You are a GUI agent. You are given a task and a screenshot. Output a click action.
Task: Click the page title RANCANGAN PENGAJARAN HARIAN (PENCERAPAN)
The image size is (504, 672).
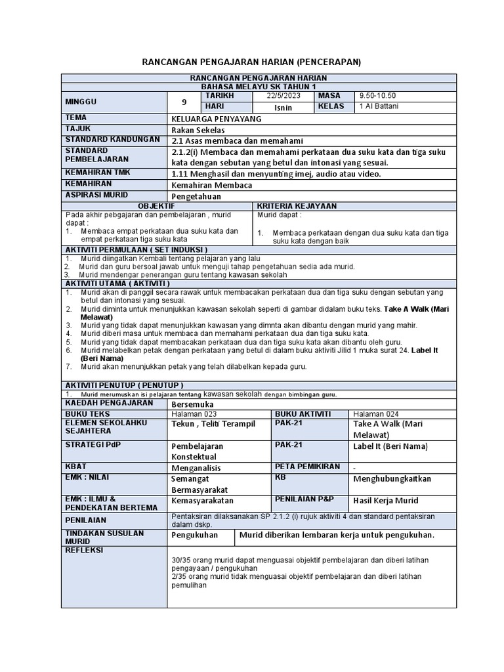(252, 62)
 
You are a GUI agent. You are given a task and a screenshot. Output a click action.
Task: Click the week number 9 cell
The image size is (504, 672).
(183, 102)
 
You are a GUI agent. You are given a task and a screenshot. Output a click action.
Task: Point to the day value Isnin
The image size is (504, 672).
(283, 108)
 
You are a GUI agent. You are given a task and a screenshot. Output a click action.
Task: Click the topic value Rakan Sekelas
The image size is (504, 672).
(195, 130)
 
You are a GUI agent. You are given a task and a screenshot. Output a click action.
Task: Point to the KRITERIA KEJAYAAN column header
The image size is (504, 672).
(297, 206)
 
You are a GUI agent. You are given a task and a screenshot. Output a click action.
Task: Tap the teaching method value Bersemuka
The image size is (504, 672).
(191, 404)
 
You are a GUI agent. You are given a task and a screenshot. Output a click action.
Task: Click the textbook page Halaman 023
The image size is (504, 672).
(193, 414)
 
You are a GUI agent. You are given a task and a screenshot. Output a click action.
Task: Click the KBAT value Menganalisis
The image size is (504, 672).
(196, 468)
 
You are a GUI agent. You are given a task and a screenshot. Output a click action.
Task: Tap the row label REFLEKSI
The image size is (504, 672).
(84, 550)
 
